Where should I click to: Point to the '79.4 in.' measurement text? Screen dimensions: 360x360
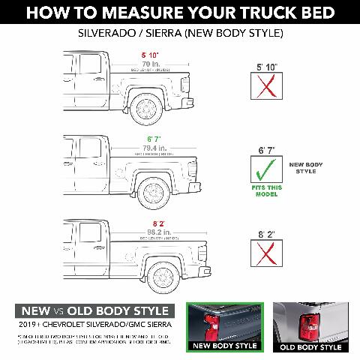click(154, 148)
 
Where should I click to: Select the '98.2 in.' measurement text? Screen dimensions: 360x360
click(154, 232)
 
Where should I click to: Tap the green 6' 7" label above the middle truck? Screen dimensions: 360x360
click(154, 139)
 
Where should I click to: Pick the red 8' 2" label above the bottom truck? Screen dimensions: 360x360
click(154, 223)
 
